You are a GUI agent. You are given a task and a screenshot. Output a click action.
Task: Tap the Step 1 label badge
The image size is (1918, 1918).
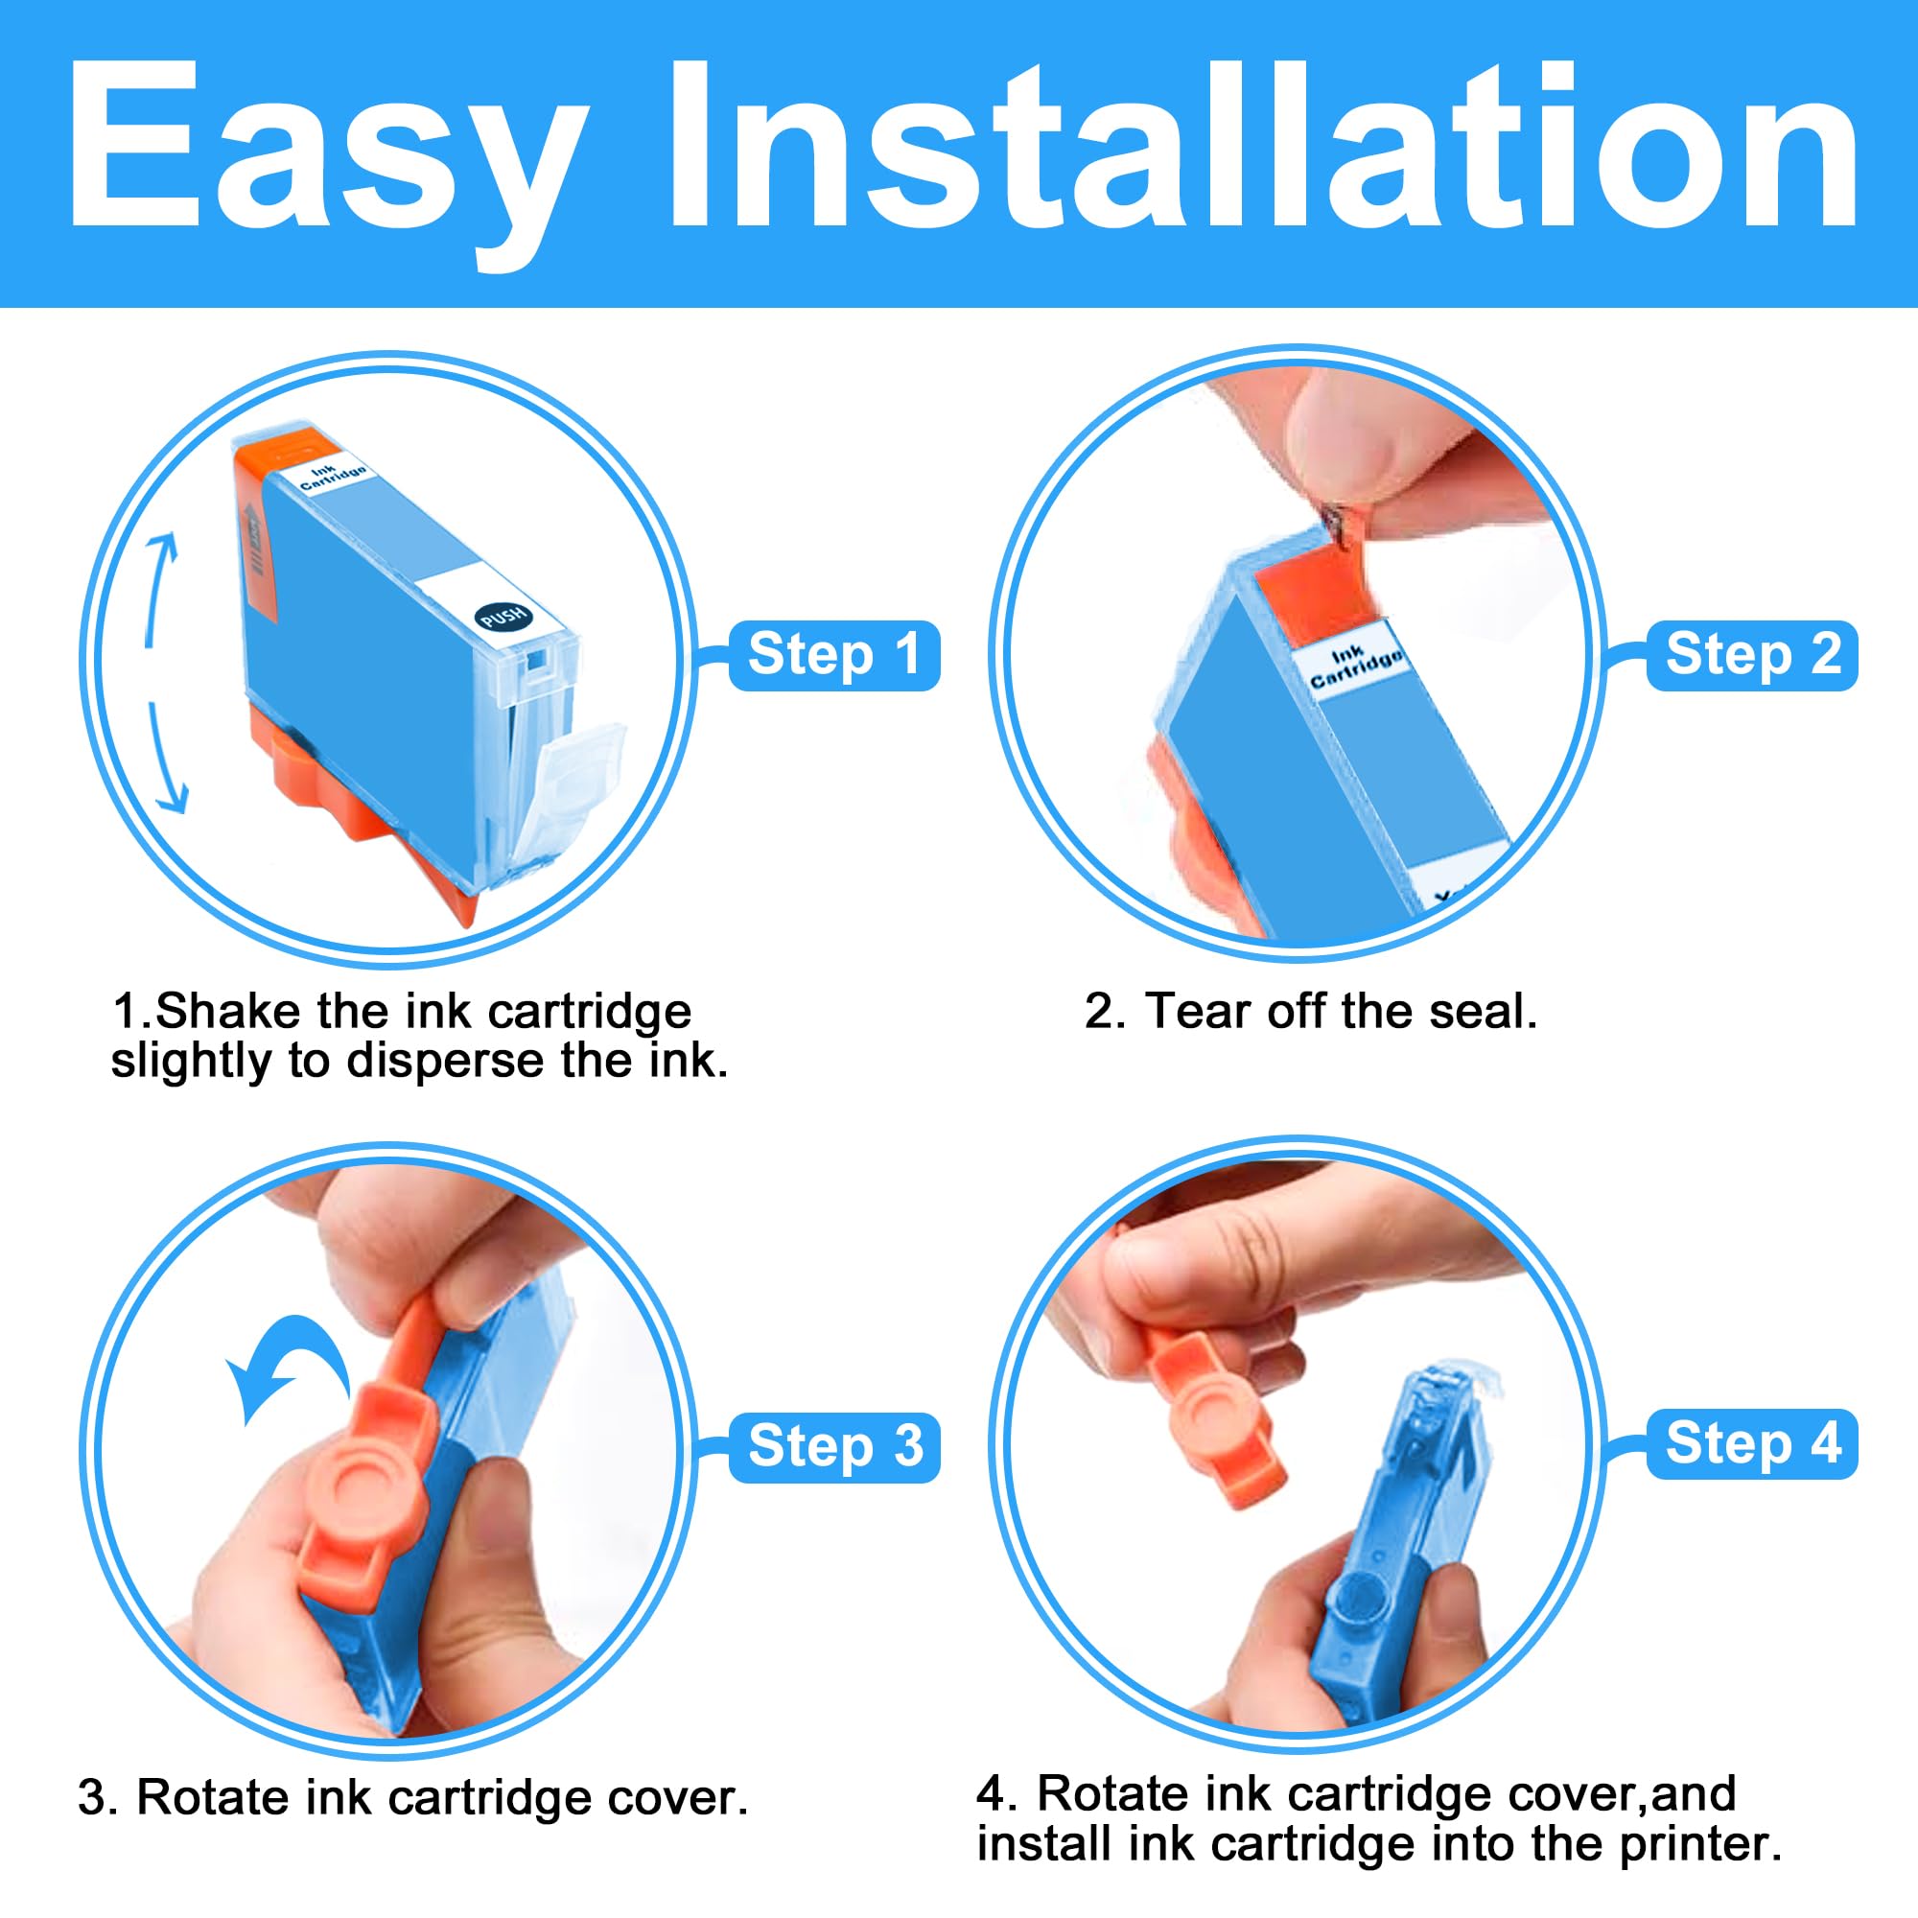[834, 655]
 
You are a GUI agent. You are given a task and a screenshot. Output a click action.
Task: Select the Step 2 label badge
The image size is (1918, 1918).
[1752, 655]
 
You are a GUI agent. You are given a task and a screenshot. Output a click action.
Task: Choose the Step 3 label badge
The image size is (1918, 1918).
[834, 1446]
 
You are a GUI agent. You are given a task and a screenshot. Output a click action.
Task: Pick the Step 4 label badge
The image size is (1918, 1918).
[1752, 1443]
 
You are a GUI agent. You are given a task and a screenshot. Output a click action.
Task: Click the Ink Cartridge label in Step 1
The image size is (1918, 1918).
[334, 476]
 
